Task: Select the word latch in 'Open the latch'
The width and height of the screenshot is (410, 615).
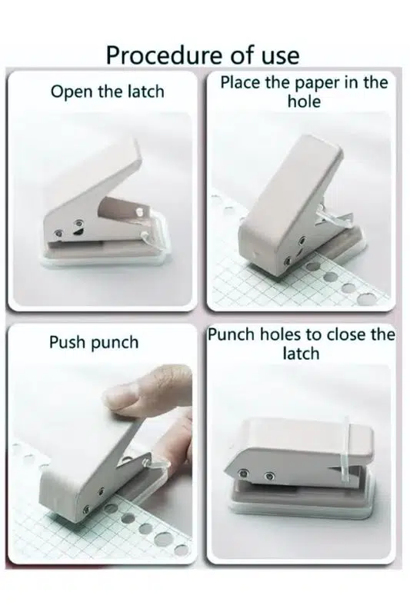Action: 146,91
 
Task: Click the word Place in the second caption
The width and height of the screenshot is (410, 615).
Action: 240,82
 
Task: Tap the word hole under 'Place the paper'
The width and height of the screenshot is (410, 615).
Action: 304,101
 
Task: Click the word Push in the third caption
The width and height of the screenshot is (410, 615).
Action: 68,341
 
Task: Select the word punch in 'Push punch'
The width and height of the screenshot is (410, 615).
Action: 115,343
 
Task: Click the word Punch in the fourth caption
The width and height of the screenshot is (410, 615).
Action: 231,334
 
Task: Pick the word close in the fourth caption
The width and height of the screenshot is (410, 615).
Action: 346,334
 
